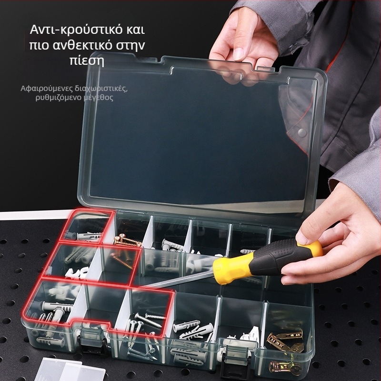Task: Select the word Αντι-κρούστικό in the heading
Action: tap(76, 30)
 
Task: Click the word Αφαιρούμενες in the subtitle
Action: tap(47, 89)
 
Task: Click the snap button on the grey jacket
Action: tap(302, 132)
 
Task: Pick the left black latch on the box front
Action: tap(93, 339)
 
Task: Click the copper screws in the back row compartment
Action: tap(127, 240)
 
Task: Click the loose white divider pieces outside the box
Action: tap(70, 370)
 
